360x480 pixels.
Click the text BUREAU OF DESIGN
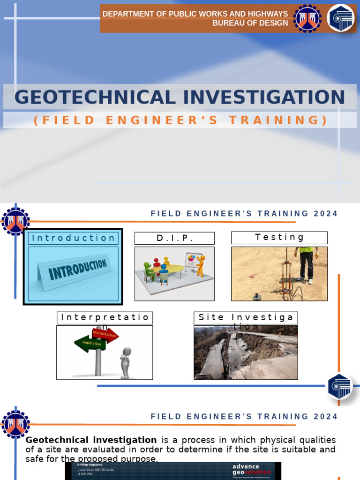tap(250, 23)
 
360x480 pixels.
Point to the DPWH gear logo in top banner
tap(307, 18)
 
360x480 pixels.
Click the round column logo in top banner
tap(340, 18)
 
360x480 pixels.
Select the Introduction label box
tap(73, 238)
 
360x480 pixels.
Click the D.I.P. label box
tap(174, 238)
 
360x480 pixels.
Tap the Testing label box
tap(279, 238)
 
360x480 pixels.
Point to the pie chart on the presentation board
tap(192, 258)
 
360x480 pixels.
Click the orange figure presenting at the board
tap(201, 265)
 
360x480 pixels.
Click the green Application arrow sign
tap(90, 344)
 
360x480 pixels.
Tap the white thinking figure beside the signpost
tap(125, 362)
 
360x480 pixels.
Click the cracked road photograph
tap(246, 352)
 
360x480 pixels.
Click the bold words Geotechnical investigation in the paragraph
tap(91, 440)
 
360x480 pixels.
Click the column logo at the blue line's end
tap(340, 386)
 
